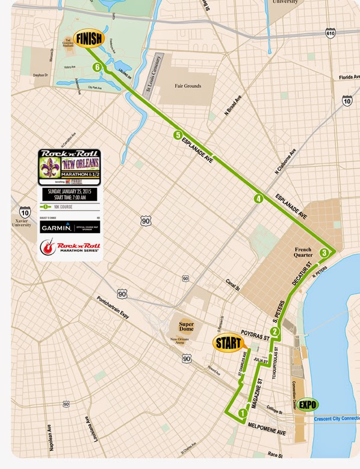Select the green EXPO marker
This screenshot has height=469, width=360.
(x=308, y=405)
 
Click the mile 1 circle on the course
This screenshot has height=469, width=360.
(x=243, y=414)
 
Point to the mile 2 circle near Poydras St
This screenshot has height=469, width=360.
(x=275, y=331)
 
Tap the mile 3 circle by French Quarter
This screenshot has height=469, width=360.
(x=324, y=253)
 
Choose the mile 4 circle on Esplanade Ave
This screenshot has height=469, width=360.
(x=258, y=199)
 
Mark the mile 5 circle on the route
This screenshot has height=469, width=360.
(x=177, y=135)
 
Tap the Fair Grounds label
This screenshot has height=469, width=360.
(x=187, y=86)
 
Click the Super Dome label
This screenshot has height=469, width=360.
(x=187, y=326)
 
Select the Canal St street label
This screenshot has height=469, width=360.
(x=232, y=285)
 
